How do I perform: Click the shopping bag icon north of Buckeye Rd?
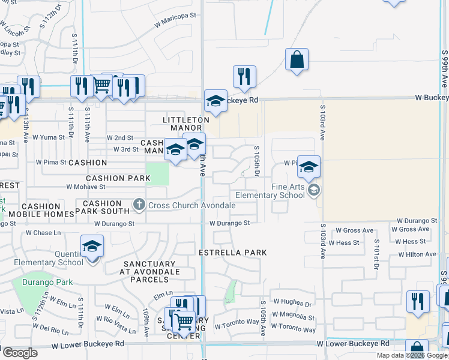297,60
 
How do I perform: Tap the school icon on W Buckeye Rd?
215,101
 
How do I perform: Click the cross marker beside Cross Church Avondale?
139,205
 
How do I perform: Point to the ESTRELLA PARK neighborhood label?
233,253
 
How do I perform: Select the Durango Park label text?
47,282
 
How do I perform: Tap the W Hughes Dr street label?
292,304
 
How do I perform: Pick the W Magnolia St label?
292,317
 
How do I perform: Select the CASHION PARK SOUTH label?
102,207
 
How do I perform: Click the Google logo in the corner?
19,353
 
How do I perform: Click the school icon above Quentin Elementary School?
92,246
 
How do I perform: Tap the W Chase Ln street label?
43,233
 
